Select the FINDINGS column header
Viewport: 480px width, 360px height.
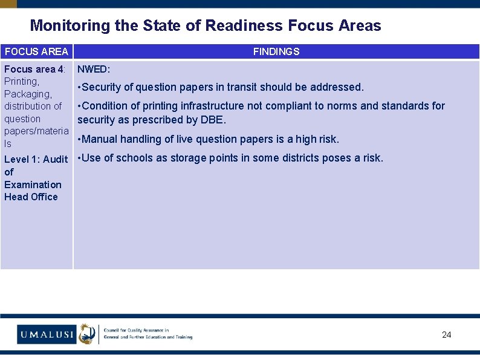click(276, 52)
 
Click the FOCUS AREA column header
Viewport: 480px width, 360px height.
click(36, 52)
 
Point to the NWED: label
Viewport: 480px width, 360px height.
click(94, 70)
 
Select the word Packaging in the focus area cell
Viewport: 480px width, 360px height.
click(28, 94)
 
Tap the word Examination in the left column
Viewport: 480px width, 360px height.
click(33, 185)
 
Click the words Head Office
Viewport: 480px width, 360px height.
click(31, 197)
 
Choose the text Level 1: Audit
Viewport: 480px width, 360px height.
click(36, 160)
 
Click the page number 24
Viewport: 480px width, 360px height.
click(446, 335)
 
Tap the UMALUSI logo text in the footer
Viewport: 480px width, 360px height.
click(46, 334)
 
